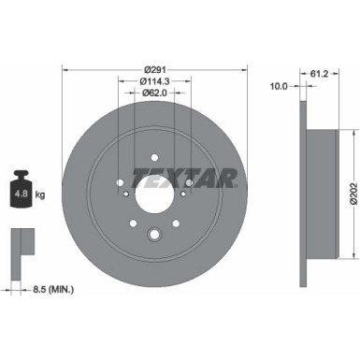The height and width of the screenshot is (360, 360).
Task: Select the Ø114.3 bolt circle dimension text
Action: pyautogui.click(x=155, y=80)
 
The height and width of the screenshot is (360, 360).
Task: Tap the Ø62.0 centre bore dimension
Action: pyautogui.click(x=155, y=93)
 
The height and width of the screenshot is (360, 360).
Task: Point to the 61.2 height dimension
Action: pyautogui.click(x=320, y=69)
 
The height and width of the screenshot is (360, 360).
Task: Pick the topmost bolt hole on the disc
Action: pyautogui.click(x=155, y=158)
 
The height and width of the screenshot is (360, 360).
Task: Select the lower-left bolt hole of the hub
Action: pyautogui.click(x=134, y=223)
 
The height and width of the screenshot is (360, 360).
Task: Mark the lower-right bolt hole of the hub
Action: pyautogui.click(x=177, y=223)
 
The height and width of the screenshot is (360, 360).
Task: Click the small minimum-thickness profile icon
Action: pyautogui.click(x=20, y=244)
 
